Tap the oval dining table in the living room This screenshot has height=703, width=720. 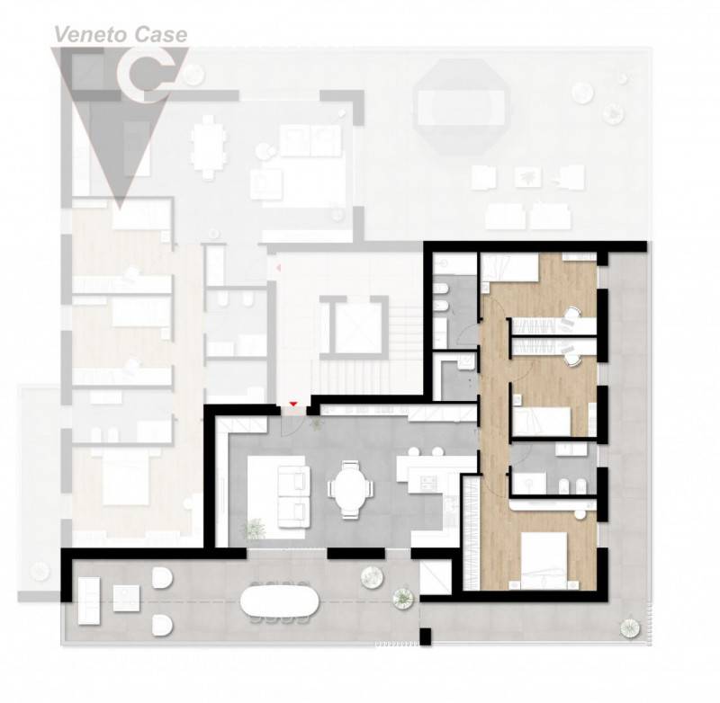(350, 489)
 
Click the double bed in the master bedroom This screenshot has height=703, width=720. (545, 560)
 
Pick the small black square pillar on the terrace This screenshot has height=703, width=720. (426, 636)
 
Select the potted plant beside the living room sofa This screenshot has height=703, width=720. (254, 529)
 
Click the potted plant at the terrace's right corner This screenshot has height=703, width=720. (629, 627)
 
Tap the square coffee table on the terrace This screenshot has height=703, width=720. (126, 598)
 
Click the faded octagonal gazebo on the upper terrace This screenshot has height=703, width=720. (461, 106)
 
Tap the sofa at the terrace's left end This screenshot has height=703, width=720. (88, 601)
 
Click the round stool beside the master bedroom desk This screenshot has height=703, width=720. (580, 514)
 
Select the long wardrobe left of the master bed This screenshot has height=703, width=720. (471, 533)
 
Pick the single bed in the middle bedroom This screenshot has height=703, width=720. (542, 421)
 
